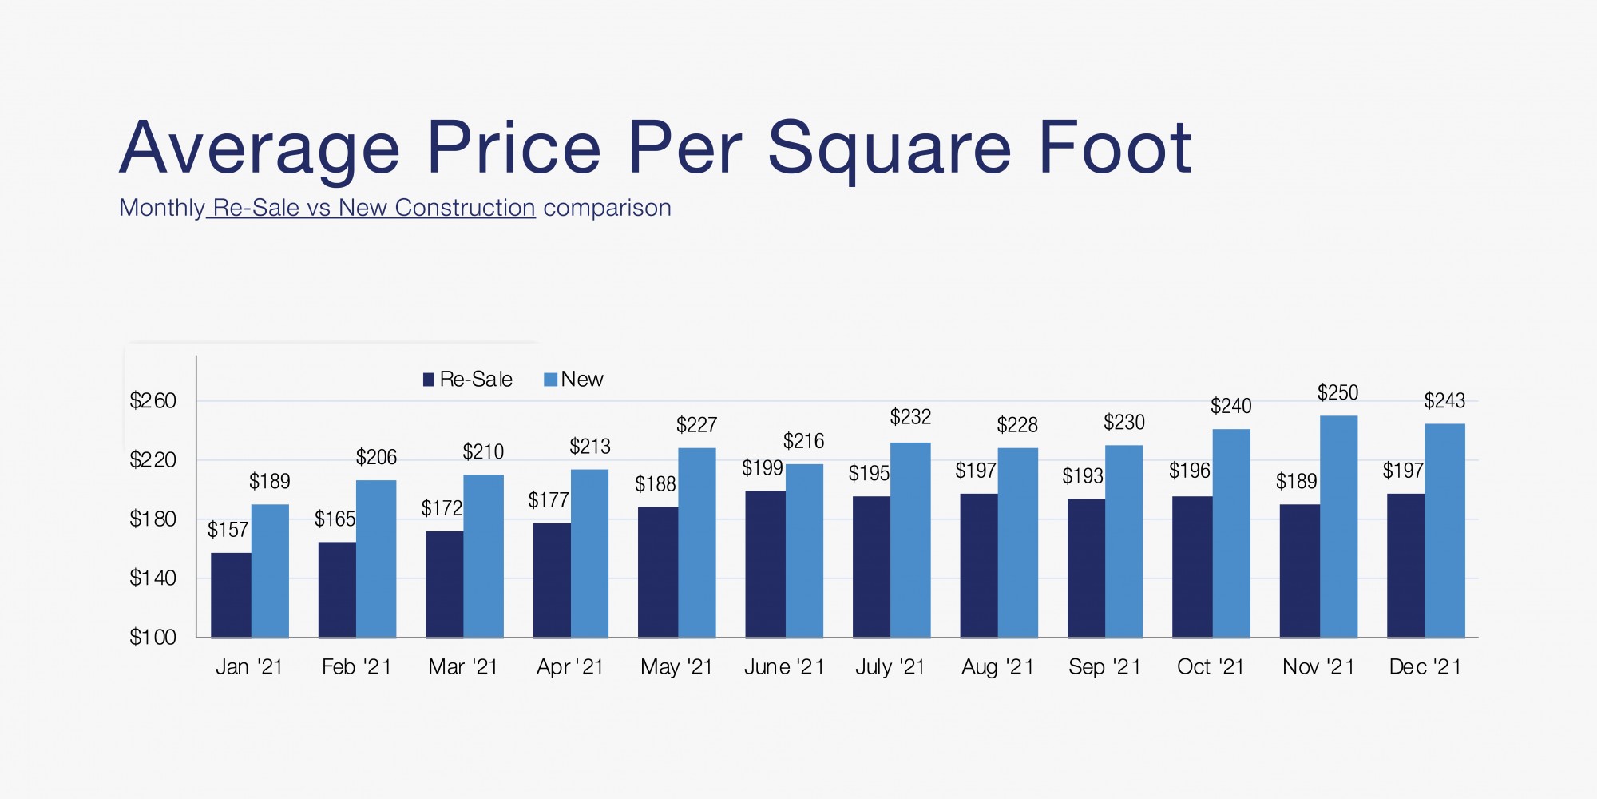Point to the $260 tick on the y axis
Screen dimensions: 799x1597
pyautogui.click(x=153, y=400)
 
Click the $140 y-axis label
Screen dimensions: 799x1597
pyautogui.click(x=153, y=578)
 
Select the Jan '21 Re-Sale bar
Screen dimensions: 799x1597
pyautogui.click(x=231, y=595)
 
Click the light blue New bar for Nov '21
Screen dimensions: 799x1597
pyautogui.click(x=1338, y=527)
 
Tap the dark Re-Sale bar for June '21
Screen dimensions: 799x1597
pyautogui.click(x=765, y=564)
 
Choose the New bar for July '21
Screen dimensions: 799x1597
pyautogui.click(x=910, y=540)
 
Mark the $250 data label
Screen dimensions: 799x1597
pyautogui.click(x=1337, y=393)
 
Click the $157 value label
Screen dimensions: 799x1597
pyautogui.click(x=228, y=530)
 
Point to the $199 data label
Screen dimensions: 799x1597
pyautogui.click(x=762, y=468)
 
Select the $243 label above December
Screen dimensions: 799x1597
pyautogui.click(x=1444, y=401)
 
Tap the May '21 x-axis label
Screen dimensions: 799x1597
pyautogui.click(x=676, y=667)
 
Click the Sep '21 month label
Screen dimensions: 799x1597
pyautogui.click(x=1104, y=667)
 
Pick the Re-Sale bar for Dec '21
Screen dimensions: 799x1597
pyautogui.click(x=1405, y=566)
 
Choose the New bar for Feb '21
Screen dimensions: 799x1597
pyautogui.click(x=376, y=559)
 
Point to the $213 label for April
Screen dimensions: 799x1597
pyautogui.click(x=589, y=447)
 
